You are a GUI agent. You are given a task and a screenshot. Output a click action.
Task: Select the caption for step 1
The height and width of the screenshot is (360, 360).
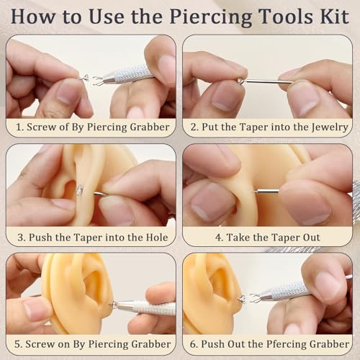coord(91,127)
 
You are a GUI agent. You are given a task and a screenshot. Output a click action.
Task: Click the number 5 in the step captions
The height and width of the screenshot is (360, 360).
coord(17,343)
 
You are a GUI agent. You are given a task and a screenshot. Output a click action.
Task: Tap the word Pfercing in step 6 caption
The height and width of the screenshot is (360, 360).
coord(275,343)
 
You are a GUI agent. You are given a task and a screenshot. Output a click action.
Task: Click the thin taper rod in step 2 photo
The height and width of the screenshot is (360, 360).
coord(266,81)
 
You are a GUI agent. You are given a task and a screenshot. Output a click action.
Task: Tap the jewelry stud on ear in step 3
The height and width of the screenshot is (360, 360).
coord(79,189)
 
